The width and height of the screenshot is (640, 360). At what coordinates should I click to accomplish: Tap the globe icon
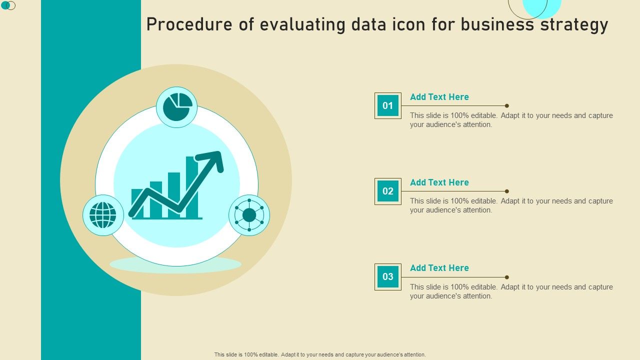point(103,215)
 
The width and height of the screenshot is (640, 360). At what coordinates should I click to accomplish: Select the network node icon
point(249,215)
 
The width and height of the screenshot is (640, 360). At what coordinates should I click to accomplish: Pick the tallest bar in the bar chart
point(192,187)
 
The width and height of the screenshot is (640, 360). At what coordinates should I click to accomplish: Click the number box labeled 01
point(387,105)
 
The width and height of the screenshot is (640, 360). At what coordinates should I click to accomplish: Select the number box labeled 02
point(387,191)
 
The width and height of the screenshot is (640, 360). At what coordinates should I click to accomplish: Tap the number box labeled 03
point(387,276)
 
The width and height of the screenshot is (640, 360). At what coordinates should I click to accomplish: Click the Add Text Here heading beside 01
point(439,97)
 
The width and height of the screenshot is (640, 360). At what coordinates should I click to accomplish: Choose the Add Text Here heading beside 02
point(439,182)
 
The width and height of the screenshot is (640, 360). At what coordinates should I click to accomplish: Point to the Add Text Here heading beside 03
point(439,267)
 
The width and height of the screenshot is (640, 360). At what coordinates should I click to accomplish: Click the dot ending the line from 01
point(507,105)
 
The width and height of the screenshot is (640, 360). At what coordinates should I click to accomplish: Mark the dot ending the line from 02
point(507,191)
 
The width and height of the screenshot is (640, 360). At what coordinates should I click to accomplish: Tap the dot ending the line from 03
point(507,277)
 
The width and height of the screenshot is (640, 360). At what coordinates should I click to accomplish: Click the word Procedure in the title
point(189,24)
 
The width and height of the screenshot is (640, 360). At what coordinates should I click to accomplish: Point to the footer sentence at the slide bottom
point(320,354)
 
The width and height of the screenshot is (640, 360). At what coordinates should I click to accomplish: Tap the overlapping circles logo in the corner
point(8,5)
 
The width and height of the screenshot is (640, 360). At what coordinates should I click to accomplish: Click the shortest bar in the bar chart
point(137,203)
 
